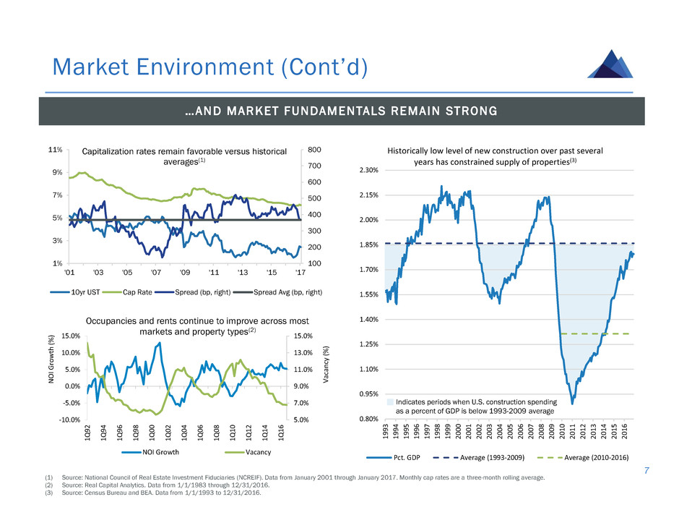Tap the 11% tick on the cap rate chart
54,150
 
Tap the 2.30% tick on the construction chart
368,170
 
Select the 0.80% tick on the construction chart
368,420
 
